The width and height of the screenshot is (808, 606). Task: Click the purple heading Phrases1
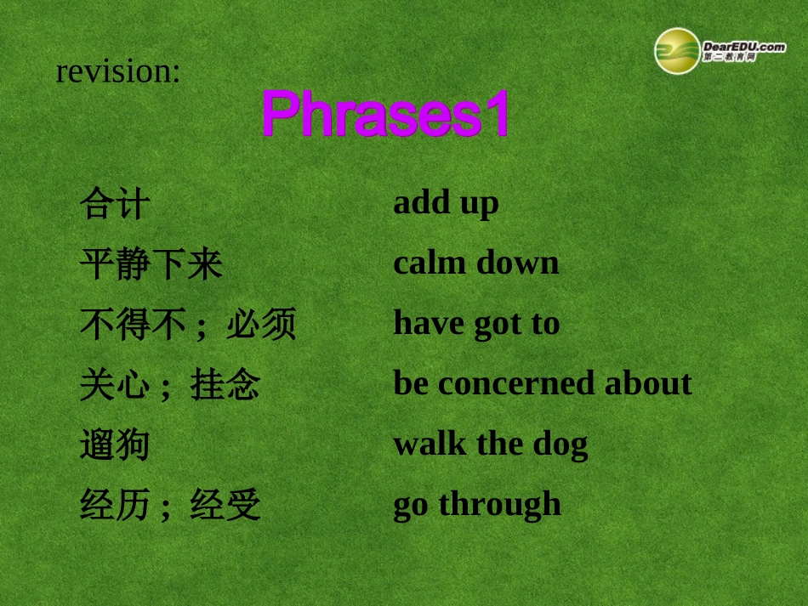click(x=384, y=114)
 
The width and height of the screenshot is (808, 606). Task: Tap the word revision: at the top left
click(x=118, y=71)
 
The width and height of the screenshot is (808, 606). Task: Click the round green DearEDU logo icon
click(x=676, y=50)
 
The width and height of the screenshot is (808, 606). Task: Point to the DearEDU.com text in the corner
click(x=743, y=46)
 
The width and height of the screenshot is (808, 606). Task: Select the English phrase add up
click(x=446, y=204)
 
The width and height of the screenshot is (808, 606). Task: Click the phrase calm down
click(x=476, y=263)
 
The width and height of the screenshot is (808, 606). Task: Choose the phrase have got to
click(x=476, y=324)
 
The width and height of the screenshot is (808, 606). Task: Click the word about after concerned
click(x=648, y=383)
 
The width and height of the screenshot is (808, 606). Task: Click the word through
click(x=499, y=504)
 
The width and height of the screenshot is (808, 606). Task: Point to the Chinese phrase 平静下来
click(x=151, y=264)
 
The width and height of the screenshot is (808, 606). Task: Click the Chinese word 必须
click(x=261, y=325)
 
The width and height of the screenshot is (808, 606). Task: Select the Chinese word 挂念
click(x=225, y=385)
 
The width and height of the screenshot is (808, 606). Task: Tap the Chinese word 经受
click(x=225, y=506)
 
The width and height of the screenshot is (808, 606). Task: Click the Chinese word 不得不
click(x=133, y=325)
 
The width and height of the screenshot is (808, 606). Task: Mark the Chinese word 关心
click(x=115, y=385)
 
